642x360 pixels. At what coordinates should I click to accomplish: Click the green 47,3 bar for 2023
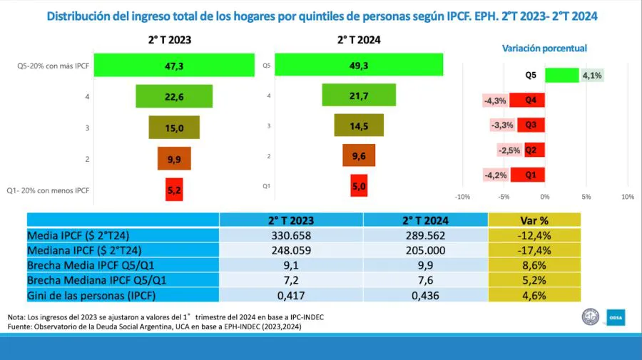pyautogui.click(x=174, y=66)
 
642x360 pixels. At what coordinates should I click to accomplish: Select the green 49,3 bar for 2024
pyautogui.click(x=359, y=65)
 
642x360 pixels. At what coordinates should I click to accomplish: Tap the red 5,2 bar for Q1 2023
pyautogui.click(x=174, y=190)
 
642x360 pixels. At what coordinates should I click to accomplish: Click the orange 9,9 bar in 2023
pyautogui.click(x=174, y=158)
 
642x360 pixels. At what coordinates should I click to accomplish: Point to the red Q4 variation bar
pyautogui.click(x=531, y=100)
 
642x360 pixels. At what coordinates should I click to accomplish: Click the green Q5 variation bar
pyautogui.click(x=561, y=75)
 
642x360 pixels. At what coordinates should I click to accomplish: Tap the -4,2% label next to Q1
pyautogui.click(x=494, y=175)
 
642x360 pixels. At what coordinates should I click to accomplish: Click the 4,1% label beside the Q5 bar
pyautogui.click(x=592, y=75)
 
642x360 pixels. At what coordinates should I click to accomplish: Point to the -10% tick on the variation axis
pyautogui.click(x=462, y=197)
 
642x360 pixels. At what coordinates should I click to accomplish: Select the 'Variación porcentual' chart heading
pyautogui.click(x=544, y=48)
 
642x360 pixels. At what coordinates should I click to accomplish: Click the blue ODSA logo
pyautogui.click(x=615, y=317)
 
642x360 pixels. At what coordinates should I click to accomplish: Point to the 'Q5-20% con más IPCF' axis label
pyautogui.click(x=53, y=66)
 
